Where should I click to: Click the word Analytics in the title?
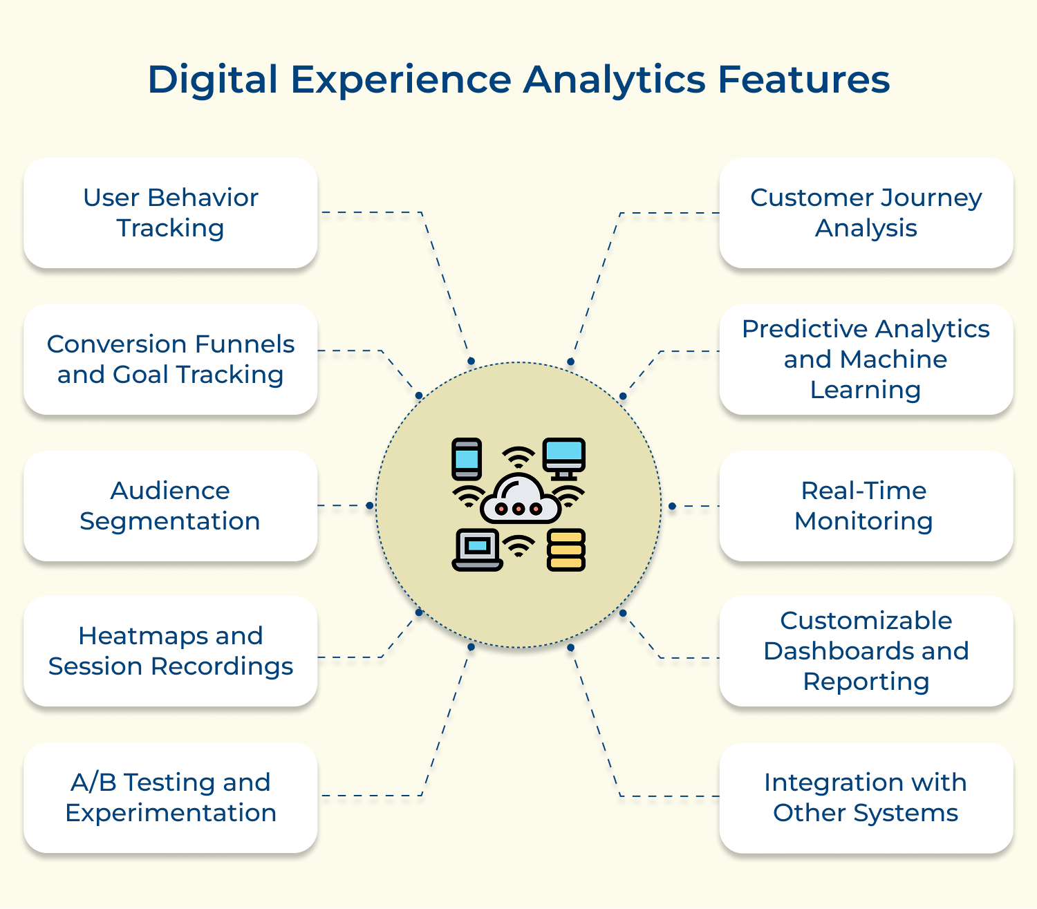point(615,79)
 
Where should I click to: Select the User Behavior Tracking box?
point(171,213)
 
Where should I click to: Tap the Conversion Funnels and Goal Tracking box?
point(171,359)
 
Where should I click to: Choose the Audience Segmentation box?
point(171,506)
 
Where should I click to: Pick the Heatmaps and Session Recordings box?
point(171,651)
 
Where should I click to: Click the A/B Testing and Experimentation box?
point(171,798)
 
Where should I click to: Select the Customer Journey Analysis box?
point(866,213)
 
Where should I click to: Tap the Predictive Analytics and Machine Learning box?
point(866,359)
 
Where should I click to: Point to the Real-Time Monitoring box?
point(866,506)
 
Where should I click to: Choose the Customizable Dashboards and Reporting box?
point(866,651)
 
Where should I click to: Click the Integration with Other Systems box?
point(866,798)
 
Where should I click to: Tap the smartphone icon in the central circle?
point(467,459)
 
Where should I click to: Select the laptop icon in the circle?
point(477,550)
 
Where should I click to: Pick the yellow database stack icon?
point(566,550)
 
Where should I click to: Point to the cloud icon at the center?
point(519,499)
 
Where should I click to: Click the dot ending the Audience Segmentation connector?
point(370,505)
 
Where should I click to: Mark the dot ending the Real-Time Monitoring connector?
point(672,506)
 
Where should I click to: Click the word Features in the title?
point(803,79)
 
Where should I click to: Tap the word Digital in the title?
point(213,79)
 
